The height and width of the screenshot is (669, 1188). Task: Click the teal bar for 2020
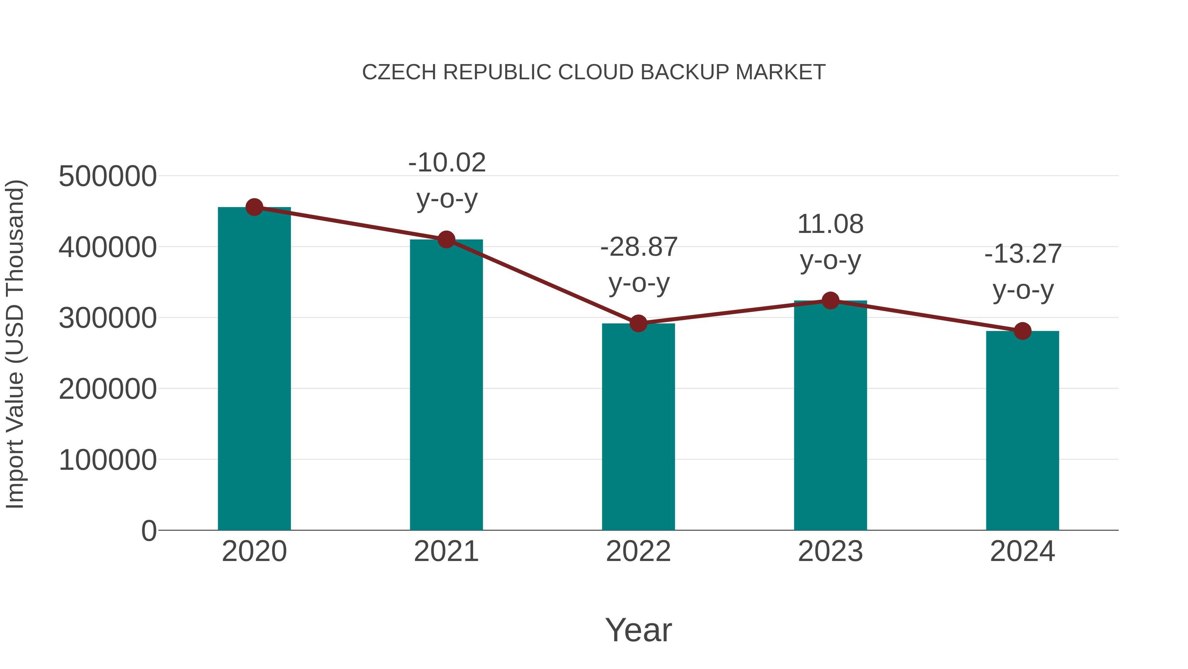254,369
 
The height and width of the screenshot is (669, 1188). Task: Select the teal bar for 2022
638,427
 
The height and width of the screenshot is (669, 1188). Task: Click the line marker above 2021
446,240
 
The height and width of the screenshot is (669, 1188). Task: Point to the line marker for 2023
830,301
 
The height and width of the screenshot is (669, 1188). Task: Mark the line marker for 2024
1022,331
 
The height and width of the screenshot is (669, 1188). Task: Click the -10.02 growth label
447,163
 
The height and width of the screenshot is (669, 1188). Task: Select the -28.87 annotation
639,247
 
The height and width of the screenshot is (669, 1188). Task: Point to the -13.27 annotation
1023,254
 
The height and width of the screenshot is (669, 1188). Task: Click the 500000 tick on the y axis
108,176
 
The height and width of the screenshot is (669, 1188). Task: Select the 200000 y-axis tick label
108,389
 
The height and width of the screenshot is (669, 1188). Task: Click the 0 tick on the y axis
149,531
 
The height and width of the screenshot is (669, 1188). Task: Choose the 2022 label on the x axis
638,551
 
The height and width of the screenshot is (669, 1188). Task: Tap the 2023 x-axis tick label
830,551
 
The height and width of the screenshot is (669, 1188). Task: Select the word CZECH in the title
399,72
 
